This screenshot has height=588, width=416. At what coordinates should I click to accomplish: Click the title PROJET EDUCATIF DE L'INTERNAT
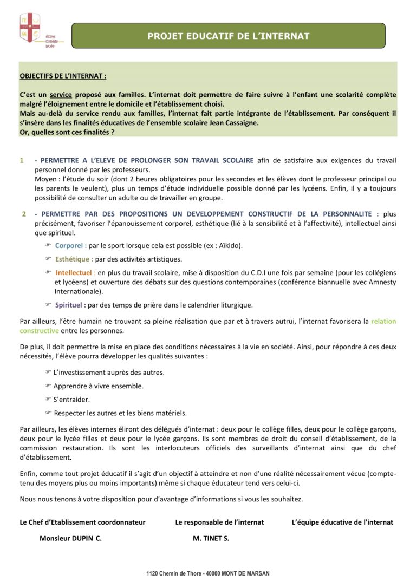pos(228,36)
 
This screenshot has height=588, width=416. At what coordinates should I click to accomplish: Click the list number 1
pos(22,160)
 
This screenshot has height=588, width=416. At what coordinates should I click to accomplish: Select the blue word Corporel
pos(70,246)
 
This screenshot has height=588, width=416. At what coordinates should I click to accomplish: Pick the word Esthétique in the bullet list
pos(74,259)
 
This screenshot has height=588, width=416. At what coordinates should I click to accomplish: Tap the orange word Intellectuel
pos(75,272)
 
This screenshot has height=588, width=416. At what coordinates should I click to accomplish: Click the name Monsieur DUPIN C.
pos(70,539)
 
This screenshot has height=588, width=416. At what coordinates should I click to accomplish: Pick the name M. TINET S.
pos(211,539)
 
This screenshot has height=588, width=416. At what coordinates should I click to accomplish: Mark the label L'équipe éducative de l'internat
pos(342,522)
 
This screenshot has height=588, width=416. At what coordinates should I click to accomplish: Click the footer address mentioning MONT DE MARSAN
pos(207,573)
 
